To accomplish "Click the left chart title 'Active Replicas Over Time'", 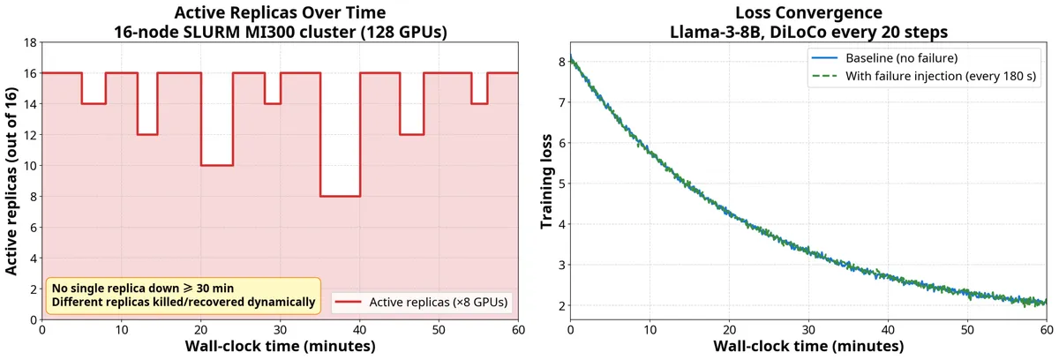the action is coord(280,12).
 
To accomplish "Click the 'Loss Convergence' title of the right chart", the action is coord(808,12).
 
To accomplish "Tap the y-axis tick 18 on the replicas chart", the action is coord(30,42).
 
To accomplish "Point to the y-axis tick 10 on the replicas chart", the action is coord(30,166).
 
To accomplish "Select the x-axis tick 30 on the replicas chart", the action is coord(280,330).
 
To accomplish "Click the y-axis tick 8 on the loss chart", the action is coord(561,62).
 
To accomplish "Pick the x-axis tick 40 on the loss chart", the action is coord(888,330).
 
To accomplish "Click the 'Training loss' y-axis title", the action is coord(546,182).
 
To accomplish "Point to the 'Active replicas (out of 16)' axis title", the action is coord(11,181).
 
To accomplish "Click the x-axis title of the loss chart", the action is coord(808,346).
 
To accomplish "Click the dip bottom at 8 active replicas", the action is coord(341,196).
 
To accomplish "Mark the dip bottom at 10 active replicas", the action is coord(217,165).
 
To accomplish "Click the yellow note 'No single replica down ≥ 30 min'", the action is coord(143,289).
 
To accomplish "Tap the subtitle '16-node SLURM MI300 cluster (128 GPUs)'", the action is coord(280,32).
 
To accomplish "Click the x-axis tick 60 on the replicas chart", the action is coord(518,330).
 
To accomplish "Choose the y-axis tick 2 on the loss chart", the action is coord(561,305).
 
